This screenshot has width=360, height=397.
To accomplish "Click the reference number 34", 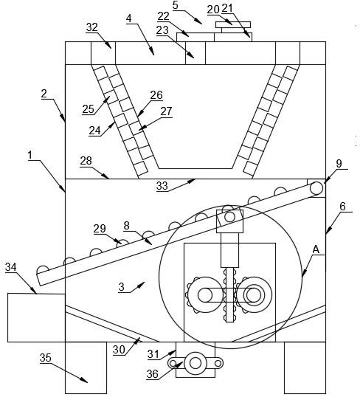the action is click(x=11, y=267).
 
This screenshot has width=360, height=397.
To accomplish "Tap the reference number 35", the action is click(x=46, y=358).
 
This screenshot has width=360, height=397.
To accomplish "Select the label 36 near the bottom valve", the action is click(x=153, y=373).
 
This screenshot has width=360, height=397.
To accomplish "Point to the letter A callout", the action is click(x=316, y=250).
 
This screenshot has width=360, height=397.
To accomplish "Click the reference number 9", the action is click(x=339, y=164).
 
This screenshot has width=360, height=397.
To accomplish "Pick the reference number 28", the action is click(x=86, y=161).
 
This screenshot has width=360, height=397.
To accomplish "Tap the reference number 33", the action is click(x=162, y=186).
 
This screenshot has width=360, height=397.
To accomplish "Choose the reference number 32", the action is click(x=92, y=27).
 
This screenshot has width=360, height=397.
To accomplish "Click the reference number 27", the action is click(x=166, y=111).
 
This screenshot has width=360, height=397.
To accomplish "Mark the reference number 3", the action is click(x=122, y=287).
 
